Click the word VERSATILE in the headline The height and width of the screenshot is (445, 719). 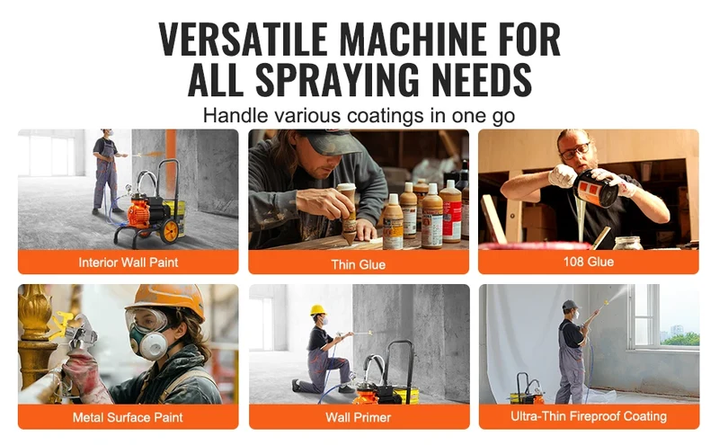coord(243,39)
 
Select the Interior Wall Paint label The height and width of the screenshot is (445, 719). coord(128,263)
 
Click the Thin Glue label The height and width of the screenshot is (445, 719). coord(358,264)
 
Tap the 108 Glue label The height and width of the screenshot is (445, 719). coord(589,262)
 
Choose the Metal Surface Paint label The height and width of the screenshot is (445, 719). coord(128,417)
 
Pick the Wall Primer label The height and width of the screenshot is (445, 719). coord(358,417)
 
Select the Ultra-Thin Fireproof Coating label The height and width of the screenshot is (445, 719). coord(589,416)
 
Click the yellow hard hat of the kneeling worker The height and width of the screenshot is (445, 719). coord(318,309)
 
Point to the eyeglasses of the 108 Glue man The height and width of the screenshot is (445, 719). coord(574,151)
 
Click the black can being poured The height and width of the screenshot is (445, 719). coord(596,188)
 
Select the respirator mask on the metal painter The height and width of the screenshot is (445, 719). coord(150,342)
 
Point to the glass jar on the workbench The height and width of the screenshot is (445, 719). coord(627,243)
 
